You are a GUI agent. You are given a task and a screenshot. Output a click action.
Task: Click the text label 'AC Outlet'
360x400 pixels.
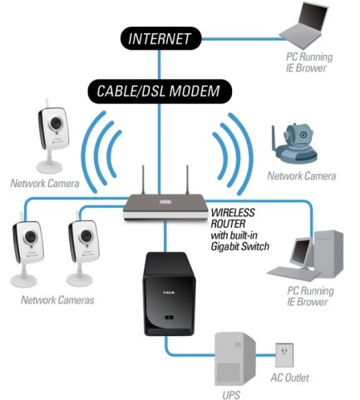(x=288, y=378)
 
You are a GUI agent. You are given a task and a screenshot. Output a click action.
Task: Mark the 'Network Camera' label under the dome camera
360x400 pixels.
(x=301, y=176)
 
